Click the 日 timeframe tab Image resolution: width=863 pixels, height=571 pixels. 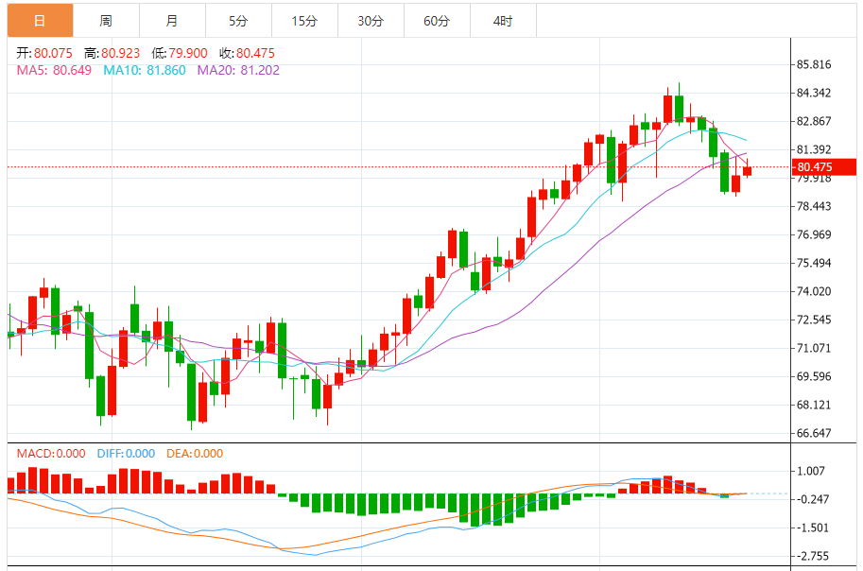39,20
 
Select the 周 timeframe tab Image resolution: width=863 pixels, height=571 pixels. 105,20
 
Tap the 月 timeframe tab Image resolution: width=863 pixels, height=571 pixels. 171,20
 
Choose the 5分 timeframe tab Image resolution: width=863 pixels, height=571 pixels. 237,20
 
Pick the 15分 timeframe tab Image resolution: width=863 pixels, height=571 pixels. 304,20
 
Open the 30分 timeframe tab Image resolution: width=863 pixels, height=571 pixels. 371,20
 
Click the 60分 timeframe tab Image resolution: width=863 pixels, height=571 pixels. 437,20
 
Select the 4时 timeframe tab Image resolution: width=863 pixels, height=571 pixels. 503,20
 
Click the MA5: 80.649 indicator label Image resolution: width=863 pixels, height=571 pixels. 54,70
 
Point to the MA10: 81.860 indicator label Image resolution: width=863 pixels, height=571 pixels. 145,70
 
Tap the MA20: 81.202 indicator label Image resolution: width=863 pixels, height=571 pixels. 238,70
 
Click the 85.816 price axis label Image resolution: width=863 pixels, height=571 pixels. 814,64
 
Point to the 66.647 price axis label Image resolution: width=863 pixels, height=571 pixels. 814,433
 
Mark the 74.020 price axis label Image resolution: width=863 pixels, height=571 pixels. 814,291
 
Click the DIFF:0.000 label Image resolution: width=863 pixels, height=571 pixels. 125,454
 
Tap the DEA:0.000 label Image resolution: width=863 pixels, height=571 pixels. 195,454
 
